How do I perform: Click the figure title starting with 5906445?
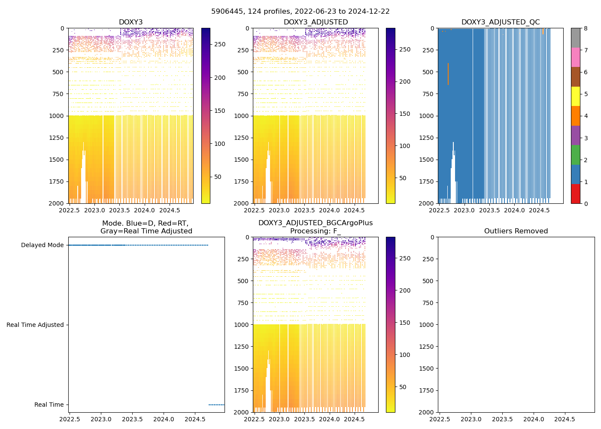click(x=300, y=12)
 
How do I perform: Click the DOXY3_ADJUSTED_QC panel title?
click(x=500, y=22)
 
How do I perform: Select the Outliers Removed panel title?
click(x=516, y=231)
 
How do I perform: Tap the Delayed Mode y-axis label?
click(x=42, y=245)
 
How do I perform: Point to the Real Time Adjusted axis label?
click(x=35, y=325)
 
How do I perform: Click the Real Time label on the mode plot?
click(x=49, y=405)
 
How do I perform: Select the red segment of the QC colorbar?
click(x=575, y=193)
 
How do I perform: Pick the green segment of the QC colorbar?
click(x=575, y=154)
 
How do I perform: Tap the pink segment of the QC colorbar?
click(x=575, y=57)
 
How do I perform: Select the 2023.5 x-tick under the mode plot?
click(x=132, y=419)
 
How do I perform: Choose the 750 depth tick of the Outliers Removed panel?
click(x=428, y=303)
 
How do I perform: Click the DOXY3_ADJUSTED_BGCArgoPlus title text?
click(x=315, y=223)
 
